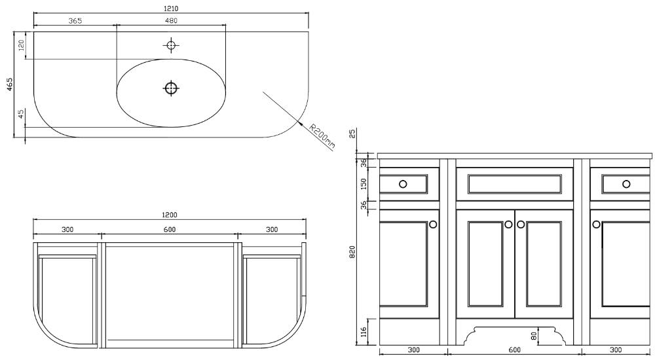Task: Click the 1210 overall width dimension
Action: [171, 9]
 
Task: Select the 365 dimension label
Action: [75, 21]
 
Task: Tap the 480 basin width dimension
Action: [171, 21]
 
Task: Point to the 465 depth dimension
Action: [10, 84]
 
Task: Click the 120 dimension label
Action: [22, 45]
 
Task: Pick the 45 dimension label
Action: [22, 114]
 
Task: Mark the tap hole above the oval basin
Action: [171, 45]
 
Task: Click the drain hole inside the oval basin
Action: [171, 88]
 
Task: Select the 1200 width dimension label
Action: [170, 215]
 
